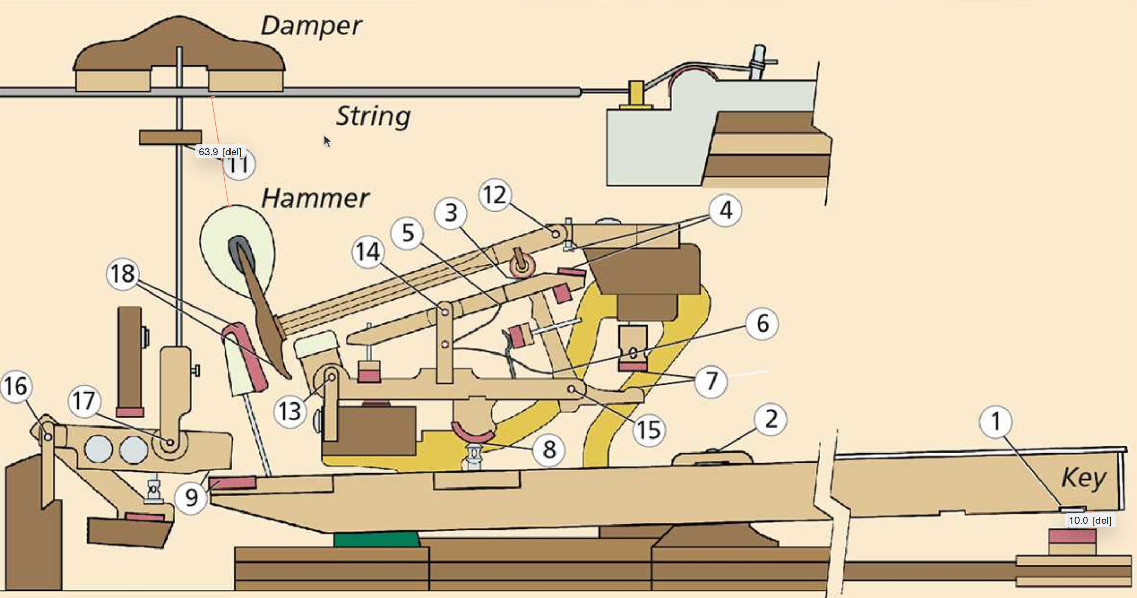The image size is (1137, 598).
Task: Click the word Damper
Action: point(311,26)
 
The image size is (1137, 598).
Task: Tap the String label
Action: point(373,116)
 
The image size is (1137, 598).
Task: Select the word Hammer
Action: point(315,198)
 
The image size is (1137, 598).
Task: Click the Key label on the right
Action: point(1084,477)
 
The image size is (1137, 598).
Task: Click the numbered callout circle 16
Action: point(16,386)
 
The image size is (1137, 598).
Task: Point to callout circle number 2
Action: point(770,419)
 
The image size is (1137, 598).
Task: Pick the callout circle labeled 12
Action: point(495,195)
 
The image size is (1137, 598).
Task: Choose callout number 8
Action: point(549,449)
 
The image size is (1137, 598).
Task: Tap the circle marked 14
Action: point(368,252)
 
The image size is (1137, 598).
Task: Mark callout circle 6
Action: point(762,324)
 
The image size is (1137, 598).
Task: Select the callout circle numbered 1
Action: point(996,421)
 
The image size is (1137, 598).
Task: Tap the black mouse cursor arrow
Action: point(327,141)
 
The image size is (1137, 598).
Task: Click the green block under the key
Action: point(376,540)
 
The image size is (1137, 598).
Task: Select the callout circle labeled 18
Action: point(123,274)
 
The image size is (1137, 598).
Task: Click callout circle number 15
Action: point(649,430)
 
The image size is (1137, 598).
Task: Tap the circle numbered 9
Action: point(191,497)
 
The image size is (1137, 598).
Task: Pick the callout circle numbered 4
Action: point(725,211)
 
